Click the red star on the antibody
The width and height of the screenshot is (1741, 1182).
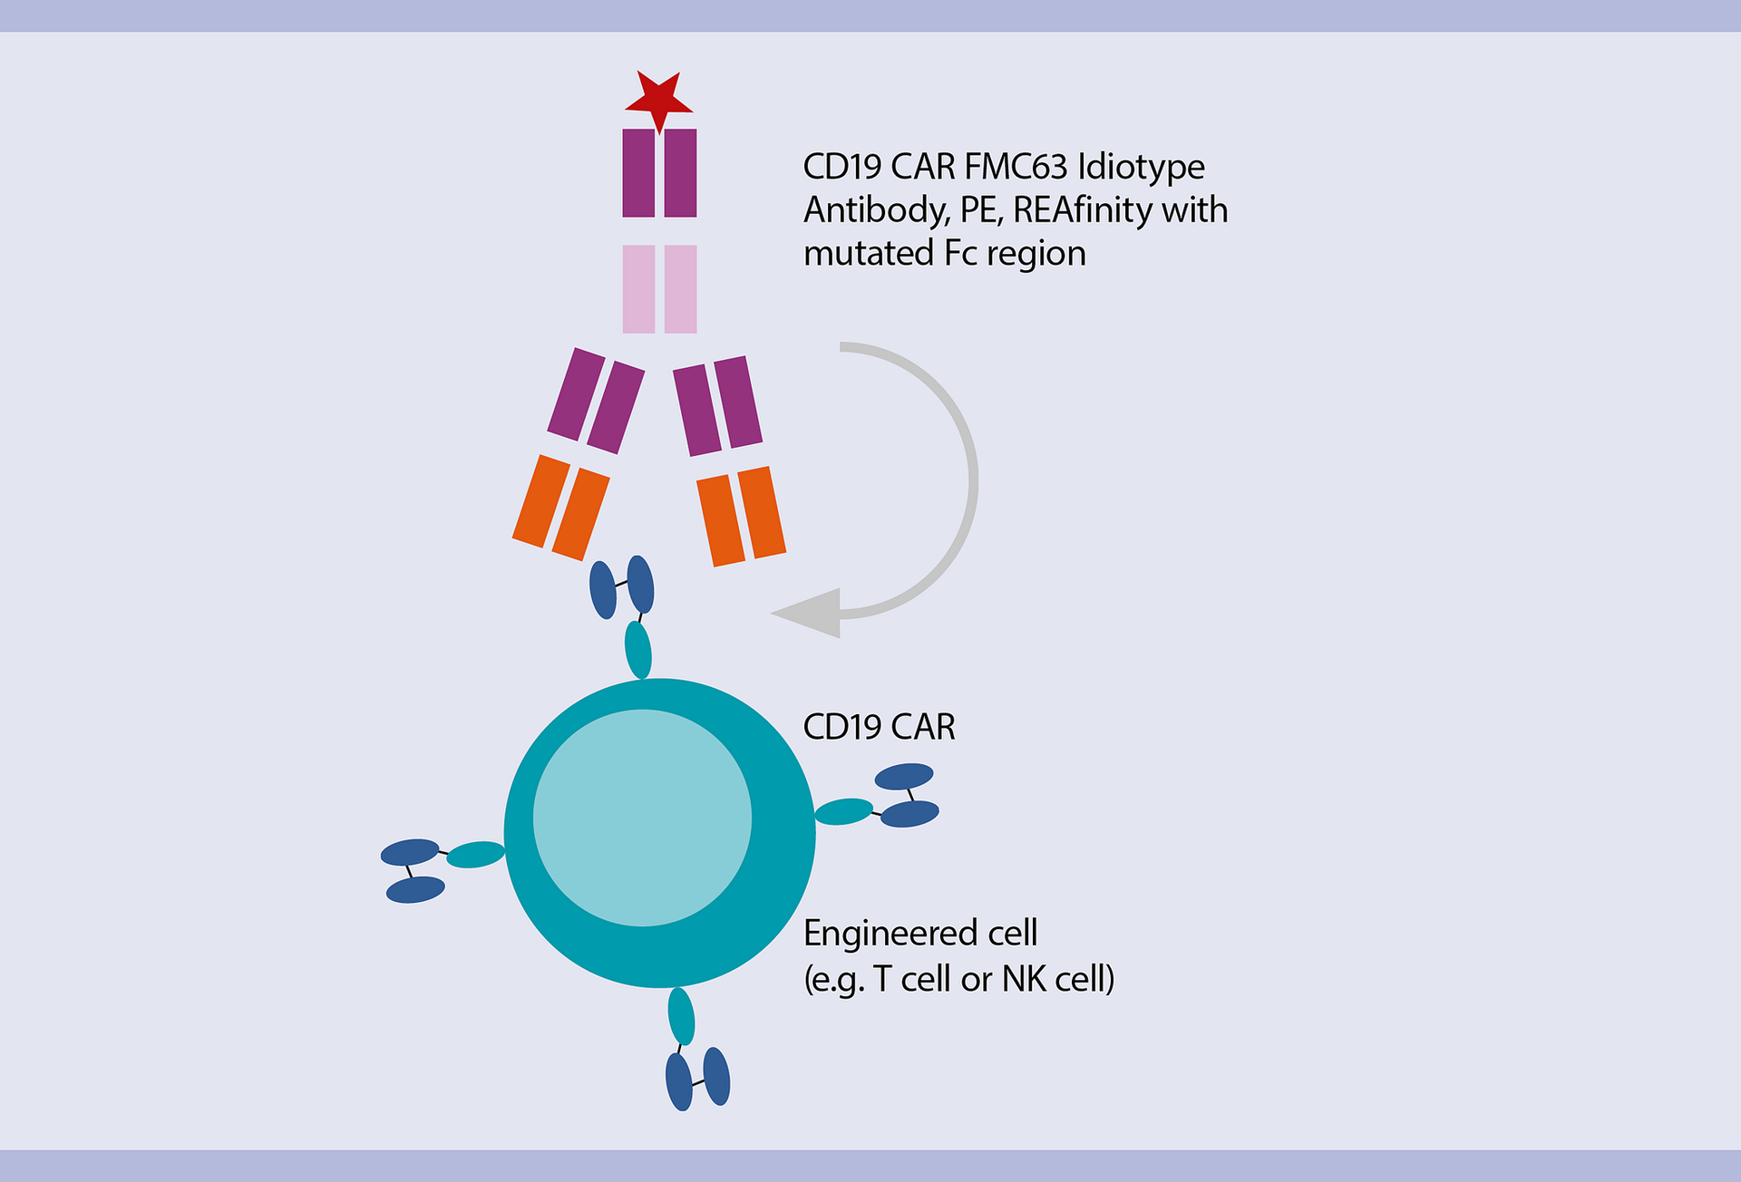pos(659,97)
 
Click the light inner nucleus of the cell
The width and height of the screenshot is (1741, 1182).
pos(642,818)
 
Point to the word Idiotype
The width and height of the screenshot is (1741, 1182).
pos(1141,167)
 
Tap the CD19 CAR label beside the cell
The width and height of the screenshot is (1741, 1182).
pos(879,727)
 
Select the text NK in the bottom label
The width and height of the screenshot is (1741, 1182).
pos(1023,979)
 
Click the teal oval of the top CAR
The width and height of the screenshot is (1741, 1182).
pos(638,649)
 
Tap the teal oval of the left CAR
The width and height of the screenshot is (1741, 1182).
pos(475,854)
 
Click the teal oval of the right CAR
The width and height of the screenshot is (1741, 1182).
pos(843,811)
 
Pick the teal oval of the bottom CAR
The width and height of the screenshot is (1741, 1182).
pos(681,1016)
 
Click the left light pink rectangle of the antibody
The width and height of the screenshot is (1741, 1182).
pos(638,289)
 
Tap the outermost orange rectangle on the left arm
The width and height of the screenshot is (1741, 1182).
pos(540,501)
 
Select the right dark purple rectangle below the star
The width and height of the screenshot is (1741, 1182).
pos(680,173)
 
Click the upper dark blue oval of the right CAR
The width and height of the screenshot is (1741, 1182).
pos(903,776)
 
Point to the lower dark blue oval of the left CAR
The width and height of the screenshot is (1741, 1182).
pos(415,889)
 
